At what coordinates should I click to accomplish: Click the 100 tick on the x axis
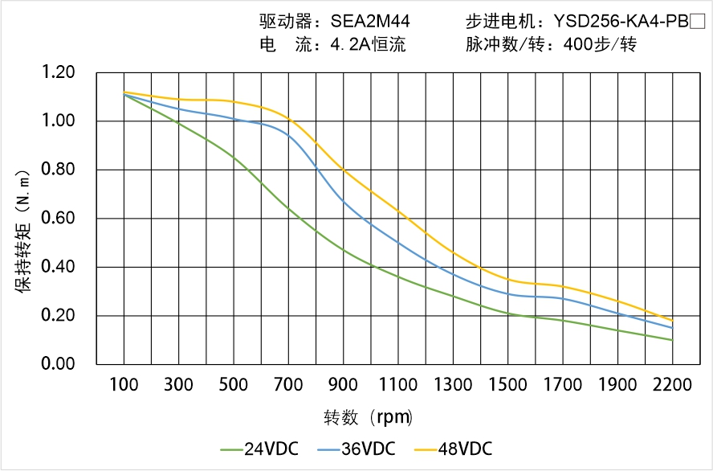coord(124,385)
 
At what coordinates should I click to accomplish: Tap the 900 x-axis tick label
coord(344,385)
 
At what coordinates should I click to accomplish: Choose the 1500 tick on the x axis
coord(508,385)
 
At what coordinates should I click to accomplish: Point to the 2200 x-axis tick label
coord(672,385)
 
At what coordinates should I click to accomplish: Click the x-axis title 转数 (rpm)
coord(368,418)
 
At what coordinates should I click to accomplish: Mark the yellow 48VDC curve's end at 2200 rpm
coord(672,321)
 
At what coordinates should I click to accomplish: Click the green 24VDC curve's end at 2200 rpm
coord(672,340)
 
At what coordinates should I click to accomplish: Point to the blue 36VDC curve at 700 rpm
coord(288,134)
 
